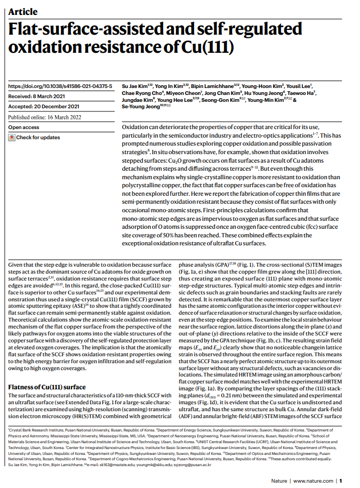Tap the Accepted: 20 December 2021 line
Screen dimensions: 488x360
[x=41, y=107]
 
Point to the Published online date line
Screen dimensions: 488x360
[x=44, y=117]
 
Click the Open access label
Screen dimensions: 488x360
[x=23, y=127]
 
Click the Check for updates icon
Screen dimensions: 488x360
[x=11, y=138]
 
